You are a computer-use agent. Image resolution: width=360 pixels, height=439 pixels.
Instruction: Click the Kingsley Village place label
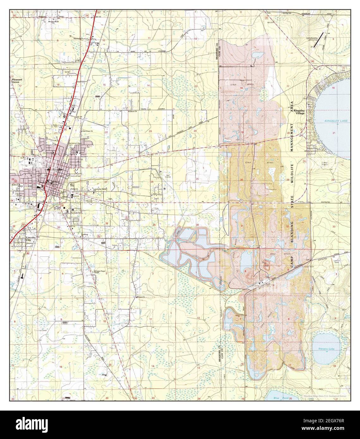coord(299,112)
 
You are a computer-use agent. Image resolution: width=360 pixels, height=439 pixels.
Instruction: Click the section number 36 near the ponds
coord(197,225)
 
